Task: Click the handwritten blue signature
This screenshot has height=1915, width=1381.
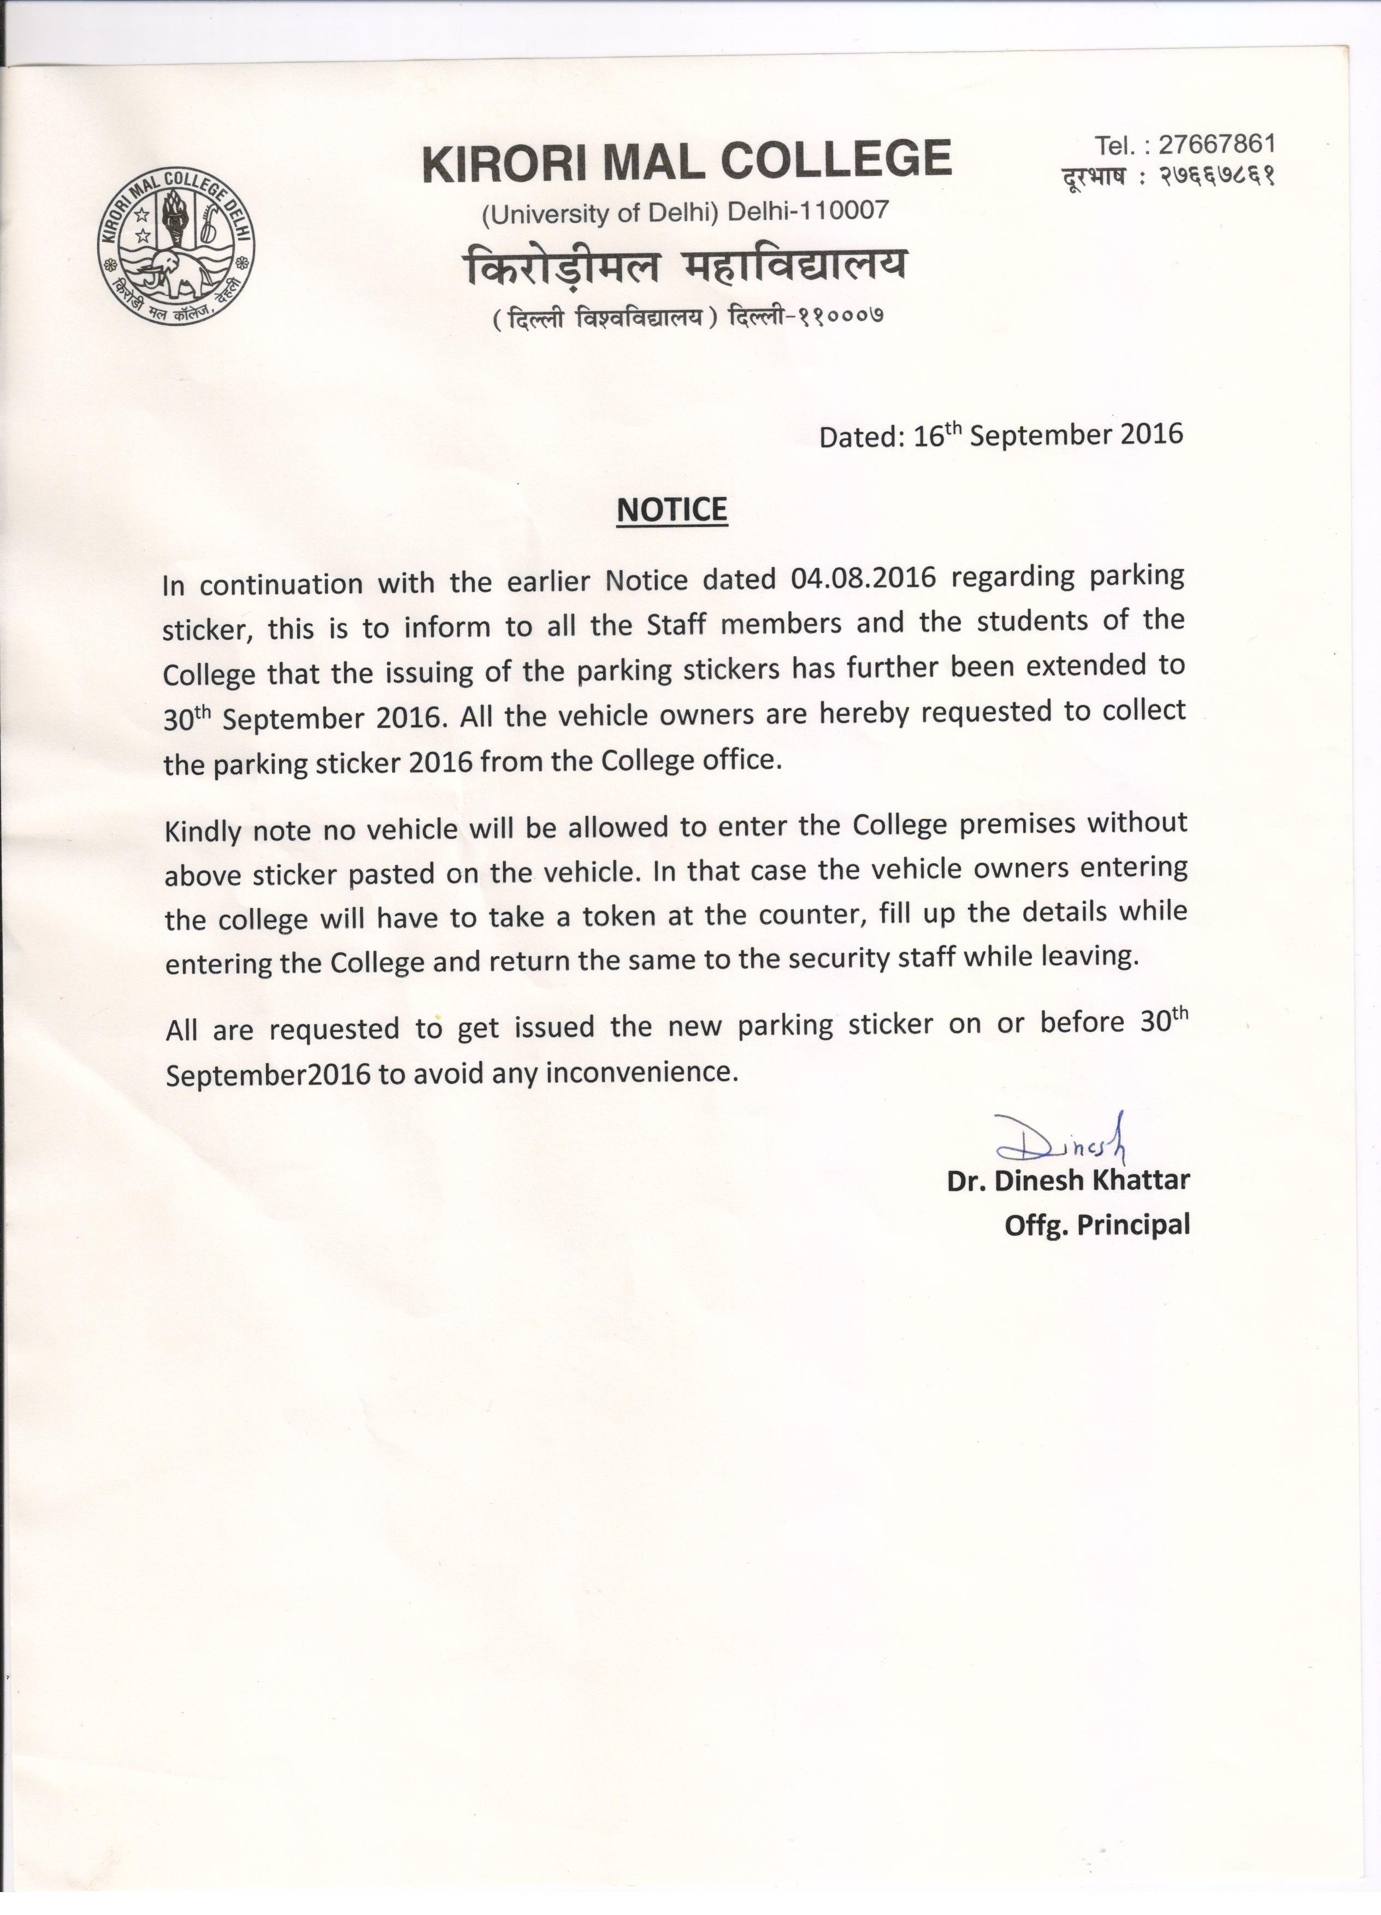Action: pos(1066,1138)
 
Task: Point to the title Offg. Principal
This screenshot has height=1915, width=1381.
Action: pos(1097,1224)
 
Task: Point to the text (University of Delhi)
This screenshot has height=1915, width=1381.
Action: pos(599,214)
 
